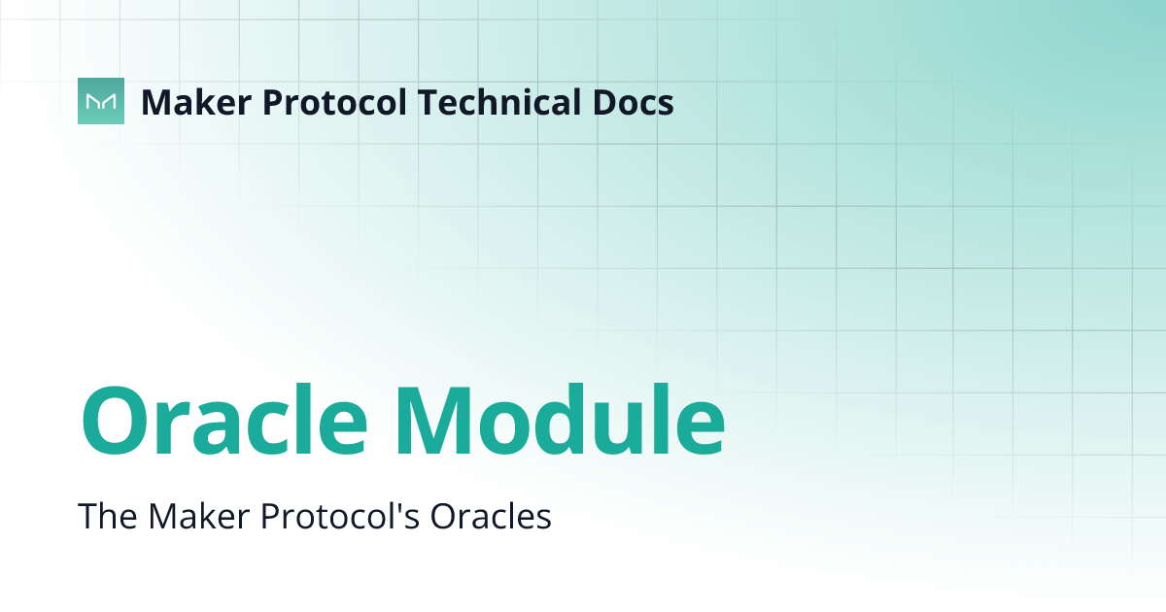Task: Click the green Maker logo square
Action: point(101,101)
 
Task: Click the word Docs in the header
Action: point(635,102)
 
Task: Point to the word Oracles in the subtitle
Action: point(491,516)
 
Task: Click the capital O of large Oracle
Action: point(115,422)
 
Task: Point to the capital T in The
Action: point(87,516)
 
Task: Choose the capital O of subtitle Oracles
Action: point(443,516)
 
